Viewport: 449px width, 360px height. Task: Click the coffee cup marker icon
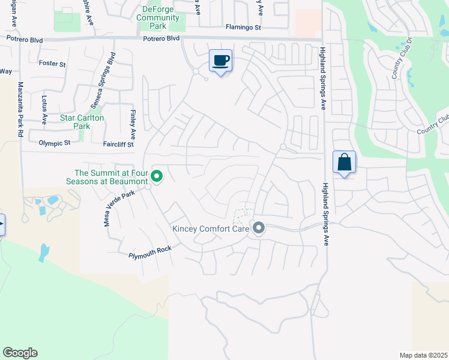pyautogui.click(x=220, y=60)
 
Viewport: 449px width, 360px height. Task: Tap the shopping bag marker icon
pyautogui.click(x=344, y=162)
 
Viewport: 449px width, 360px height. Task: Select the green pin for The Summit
pyautogui.click(x=157, y=176)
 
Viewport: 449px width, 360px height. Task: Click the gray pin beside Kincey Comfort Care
pyautogui.click(x=259, y=228)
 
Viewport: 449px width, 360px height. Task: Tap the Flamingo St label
pyautogui.click(x=243, y=27)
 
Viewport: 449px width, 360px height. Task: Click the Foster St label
pyautogui.click(x=52, y=63)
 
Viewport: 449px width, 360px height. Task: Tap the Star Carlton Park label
pyautogui.click(x=82, y=122)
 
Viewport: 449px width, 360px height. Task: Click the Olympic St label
pyautogui.click(x=55, y=143)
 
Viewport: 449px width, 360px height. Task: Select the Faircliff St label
pyautogui.click(x=118, y=144)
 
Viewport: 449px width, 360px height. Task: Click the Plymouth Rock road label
pyautogui.click(x=150, y=252)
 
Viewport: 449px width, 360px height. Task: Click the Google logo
pyautogui.click(x=20, y=353)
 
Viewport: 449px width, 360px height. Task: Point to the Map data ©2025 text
pyautogui.click(x=423, y=355)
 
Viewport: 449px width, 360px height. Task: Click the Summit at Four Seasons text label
pyautogui.click(x=107, y=177)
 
